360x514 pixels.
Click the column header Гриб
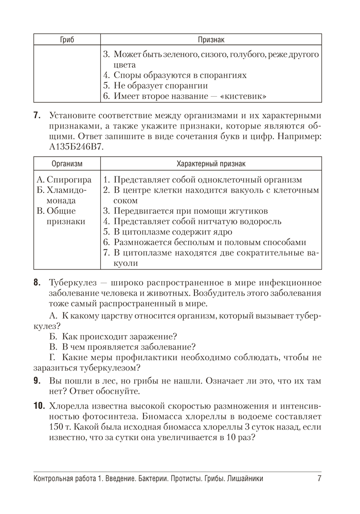67,40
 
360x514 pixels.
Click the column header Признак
211,40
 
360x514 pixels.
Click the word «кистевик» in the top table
241,97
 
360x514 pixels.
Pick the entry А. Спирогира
64,180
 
